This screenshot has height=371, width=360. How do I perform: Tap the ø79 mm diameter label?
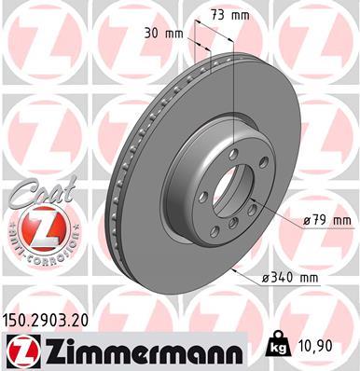tap(325, 220)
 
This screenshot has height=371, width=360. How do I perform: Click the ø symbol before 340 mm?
tap(267, 277)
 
